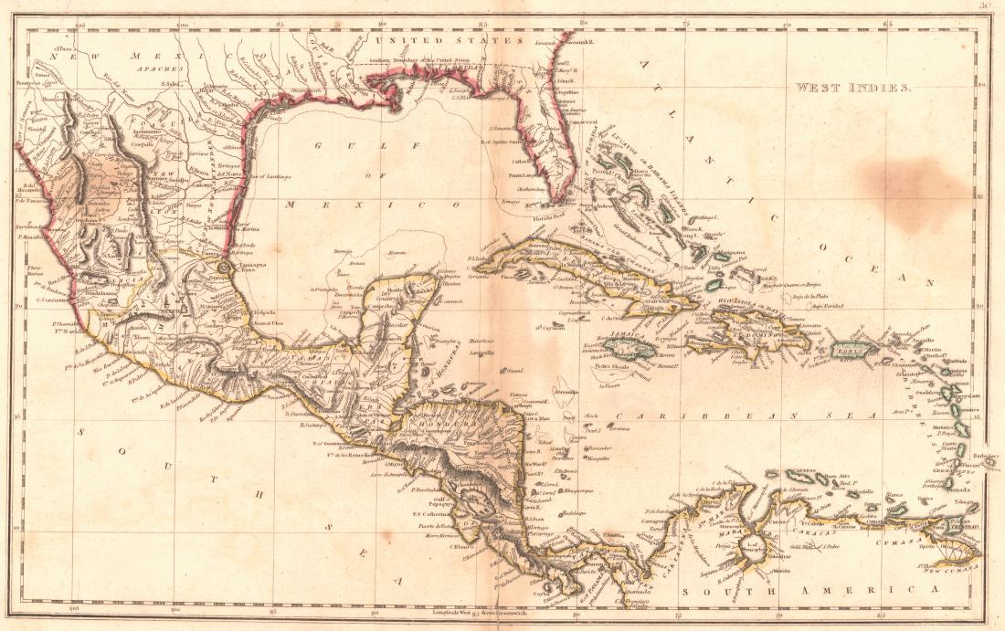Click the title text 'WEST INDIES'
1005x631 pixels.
853,89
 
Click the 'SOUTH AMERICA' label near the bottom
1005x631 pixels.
803,592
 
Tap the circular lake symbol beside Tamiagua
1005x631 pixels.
224,268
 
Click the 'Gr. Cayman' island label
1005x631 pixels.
549,326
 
